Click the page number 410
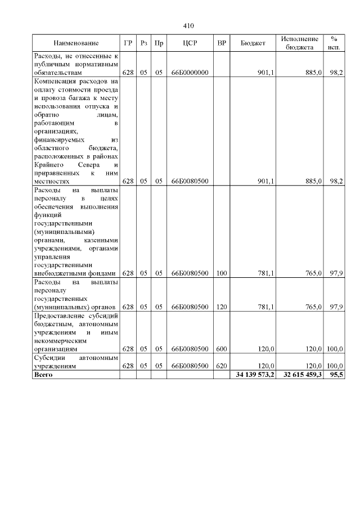pos(188,25)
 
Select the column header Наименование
pos(76,43)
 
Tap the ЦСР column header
pos(190,43)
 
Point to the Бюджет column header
pos(253,43)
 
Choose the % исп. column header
pos(334,43)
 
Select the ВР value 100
pos(221,273)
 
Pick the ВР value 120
pos(221,307)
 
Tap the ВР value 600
pos(221,349)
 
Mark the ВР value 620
pos(221,366)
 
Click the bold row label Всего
pos(43,375)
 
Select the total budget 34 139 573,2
pos(253,375)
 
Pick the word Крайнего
pos(50,165)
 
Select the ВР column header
pos(221,43)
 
